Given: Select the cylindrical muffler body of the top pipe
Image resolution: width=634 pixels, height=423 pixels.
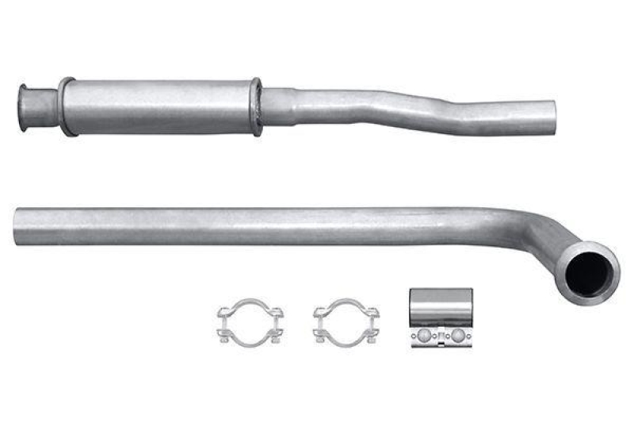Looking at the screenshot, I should [158, 106].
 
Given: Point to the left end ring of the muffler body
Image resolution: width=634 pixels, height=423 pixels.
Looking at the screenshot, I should [66, 106].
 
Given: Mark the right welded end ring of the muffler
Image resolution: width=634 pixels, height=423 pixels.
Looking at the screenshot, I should [255, 106].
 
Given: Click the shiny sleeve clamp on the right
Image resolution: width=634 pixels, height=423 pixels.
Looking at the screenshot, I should [441, 317].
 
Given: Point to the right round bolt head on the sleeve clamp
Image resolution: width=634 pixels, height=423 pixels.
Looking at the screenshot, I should [458, 336].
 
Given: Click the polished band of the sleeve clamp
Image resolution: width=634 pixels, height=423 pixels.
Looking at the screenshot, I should [441, 306].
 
